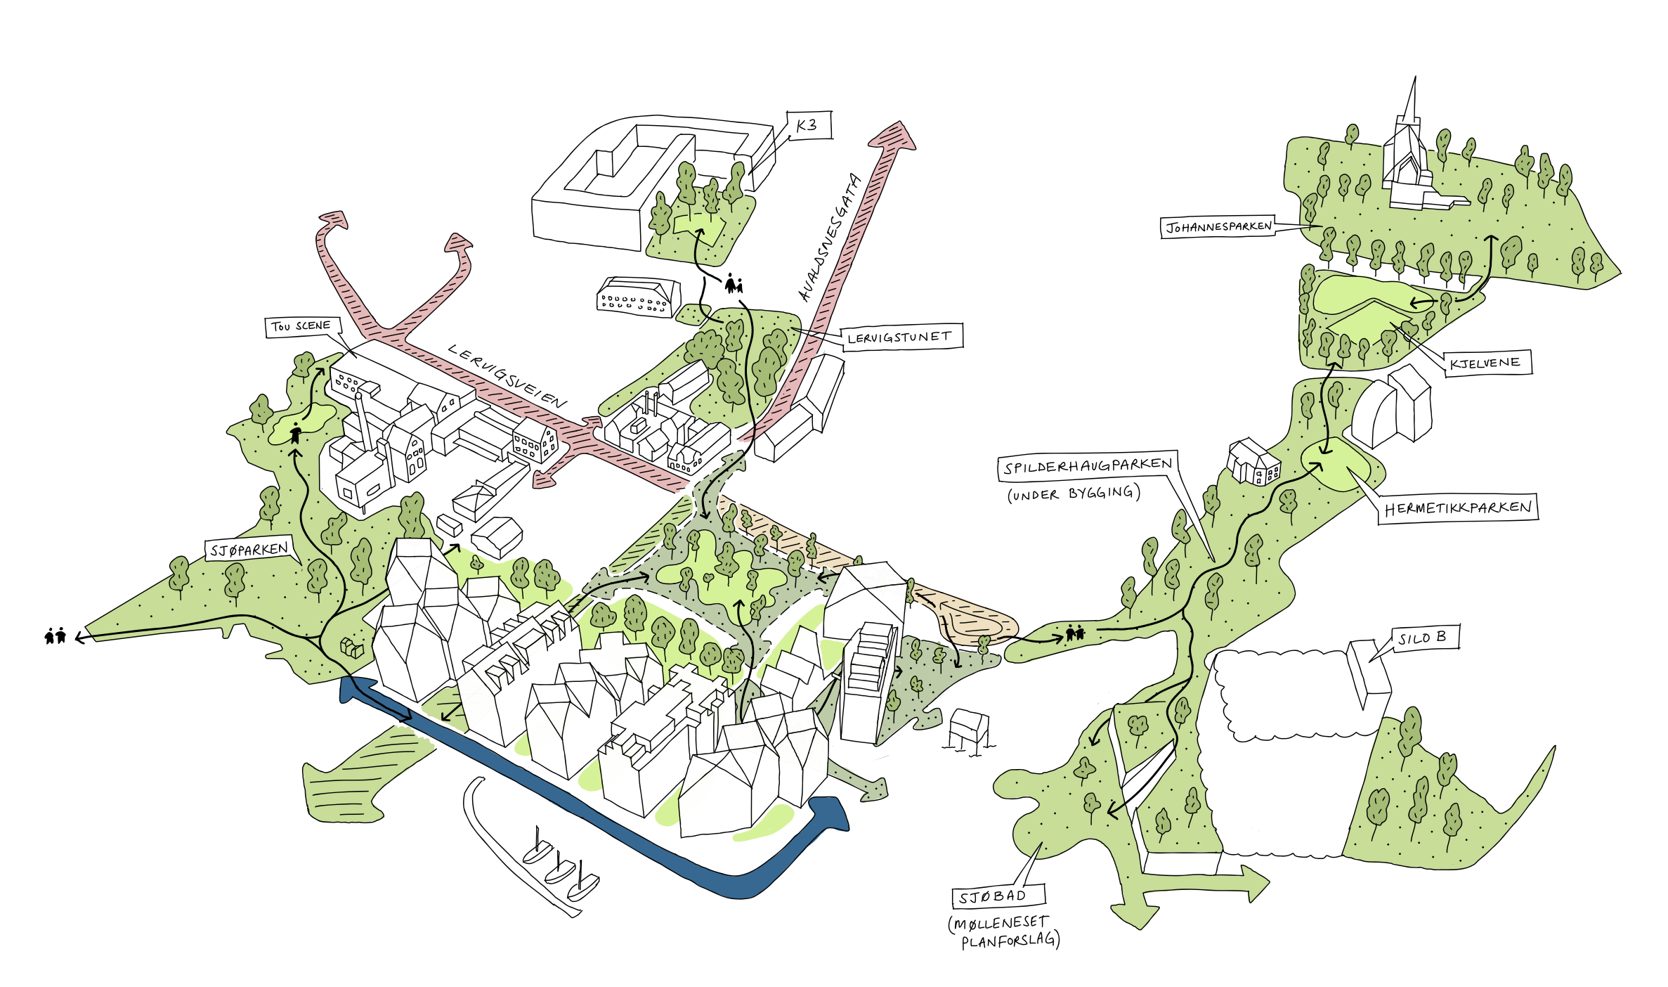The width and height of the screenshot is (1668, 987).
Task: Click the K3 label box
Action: [809, 125]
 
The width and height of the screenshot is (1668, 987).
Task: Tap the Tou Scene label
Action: [302, 326]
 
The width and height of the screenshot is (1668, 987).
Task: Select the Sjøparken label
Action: [249, 549]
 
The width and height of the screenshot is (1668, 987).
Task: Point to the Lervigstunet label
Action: [901, 337]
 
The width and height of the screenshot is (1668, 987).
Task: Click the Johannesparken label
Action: [1218, 226]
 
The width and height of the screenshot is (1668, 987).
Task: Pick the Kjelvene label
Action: [1485, 363]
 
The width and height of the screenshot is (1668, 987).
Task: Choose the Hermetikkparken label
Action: [1457, 508]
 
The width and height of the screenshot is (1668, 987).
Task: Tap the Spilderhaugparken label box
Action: [1087, 465]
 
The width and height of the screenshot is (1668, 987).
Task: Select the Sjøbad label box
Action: [993, 896]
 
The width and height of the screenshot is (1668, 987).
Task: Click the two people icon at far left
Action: [55, 636]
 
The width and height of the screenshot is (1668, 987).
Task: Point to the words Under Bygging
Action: [1074, 493]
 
